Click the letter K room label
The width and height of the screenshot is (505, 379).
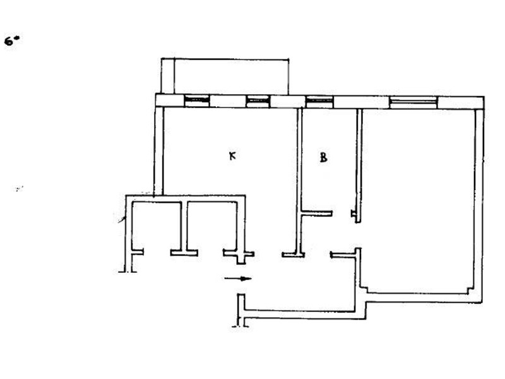point(232,156)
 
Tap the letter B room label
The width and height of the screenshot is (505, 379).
point(323,157)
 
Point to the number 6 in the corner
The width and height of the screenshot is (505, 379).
point(9,41)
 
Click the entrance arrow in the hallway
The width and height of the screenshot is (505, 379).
point(238,279)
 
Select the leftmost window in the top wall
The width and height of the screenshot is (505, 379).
point(196,100)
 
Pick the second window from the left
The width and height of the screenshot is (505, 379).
point(258,101)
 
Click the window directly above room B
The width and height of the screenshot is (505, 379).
point(319,102)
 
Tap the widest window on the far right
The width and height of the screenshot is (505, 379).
point(413,102)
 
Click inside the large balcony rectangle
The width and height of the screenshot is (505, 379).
point(231,76)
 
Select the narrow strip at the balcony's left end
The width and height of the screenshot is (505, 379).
point(167,76)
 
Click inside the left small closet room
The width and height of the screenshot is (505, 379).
point(157,226)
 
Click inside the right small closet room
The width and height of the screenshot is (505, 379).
point(212,226)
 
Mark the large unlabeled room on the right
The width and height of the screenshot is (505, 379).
point(418,200)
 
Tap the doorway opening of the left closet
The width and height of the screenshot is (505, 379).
point(157,253)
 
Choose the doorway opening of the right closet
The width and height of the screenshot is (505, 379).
point(210,253)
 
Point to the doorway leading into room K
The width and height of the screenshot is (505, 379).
point(268,255)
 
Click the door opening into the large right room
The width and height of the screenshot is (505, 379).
point(357,235)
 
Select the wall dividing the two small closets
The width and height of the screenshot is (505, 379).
point(184,226)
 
